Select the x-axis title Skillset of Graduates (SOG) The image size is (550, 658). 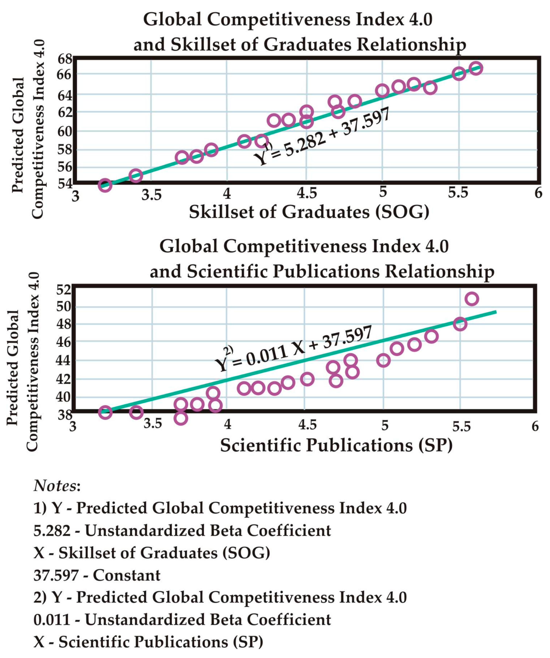309,212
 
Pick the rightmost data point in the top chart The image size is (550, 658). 476,68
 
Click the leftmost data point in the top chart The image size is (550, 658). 105,185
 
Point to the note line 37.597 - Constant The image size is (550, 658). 97,575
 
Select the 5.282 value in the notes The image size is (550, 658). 52,531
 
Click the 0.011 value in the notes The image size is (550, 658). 52,620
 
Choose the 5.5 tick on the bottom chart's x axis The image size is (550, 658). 462,427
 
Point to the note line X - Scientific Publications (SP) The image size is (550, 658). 148,642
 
